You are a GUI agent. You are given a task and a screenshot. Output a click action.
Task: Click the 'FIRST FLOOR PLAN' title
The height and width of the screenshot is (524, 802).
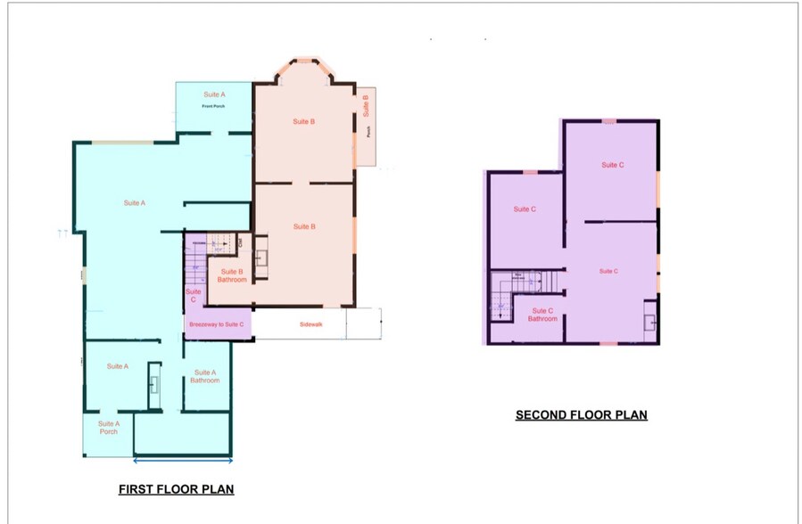pyautogui.click(x=176, y=489)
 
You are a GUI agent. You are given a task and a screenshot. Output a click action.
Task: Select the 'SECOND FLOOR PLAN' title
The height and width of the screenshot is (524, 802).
pyautogui.click(x=581, y=415)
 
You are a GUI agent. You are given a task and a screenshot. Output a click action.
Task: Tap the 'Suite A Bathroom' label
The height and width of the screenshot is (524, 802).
pyautogui.click(x=204, y=377)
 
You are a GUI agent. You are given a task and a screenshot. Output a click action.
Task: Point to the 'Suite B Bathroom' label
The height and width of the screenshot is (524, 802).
pyautogui.click(x=232, y=275)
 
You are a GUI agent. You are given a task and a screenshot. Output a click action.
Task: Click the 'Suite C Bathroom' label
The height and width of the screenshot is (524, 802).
pyautogui.click(x=542, y=315)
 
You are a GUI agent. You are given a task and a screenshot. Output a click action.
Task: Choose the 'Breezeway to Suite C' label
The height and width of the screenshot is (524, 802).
pyautogui.click(x=219, y=324)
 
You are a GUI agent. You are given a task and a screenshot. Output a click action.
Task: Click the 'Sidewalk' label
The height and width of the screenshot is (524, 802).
pyautogui.click(x=310, y=324)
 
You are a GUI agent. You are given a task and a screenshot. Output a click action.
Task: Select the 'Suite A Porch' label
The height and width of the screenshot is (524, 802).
pyautogui.click(x=108, y=428)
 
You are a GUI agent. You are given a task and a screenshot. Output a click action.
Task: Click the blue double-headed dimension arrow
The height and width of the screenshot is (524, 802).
pyautogui.click(x=183, y=461)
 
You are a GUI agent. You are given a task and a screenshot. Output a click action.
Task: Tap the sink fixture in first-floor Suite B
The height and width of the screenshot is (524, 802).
pyautogui.click(x=263, y=258)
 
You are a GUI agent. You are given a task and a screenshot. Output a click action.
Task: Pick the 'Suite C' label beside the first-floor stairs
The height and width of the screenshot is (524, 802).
pyautogui.click(x=193, y=296)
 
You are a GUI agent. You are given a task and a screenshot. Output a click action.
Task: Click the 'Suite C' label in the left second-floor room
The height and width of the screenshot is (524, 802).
pyautogui.click(x=525, y=209)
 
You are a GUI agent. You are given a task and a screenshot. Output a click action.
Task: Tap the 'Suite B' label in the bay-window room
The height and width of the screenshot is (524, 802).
pyautogui.click(x=304, y=121)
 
